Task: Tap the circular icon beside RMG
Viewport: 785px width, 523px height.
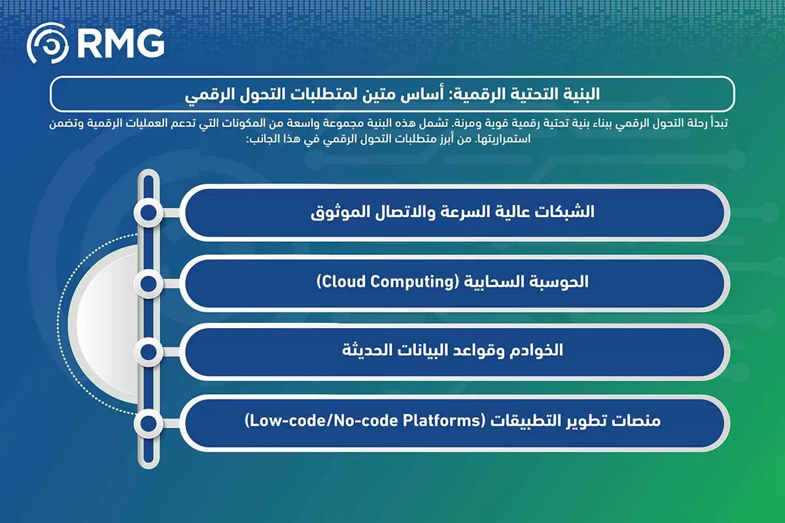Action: pos(47,44)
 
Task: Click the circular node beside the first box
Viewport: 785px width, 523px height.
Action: pos(148,212)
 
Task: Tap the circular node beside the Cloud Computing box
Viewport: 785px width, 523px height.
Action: pos(148,283)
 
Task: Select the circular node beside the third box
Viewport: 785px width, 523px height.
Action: pos(148,352)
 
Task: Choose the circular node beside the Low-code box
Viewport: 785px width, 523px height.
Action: pos(148,423)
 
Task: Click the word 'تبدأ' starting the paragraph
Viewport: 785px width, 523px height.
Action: pos(725,124)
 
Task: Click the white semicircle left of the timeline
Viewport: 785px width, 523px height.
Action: pos(105,318)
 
